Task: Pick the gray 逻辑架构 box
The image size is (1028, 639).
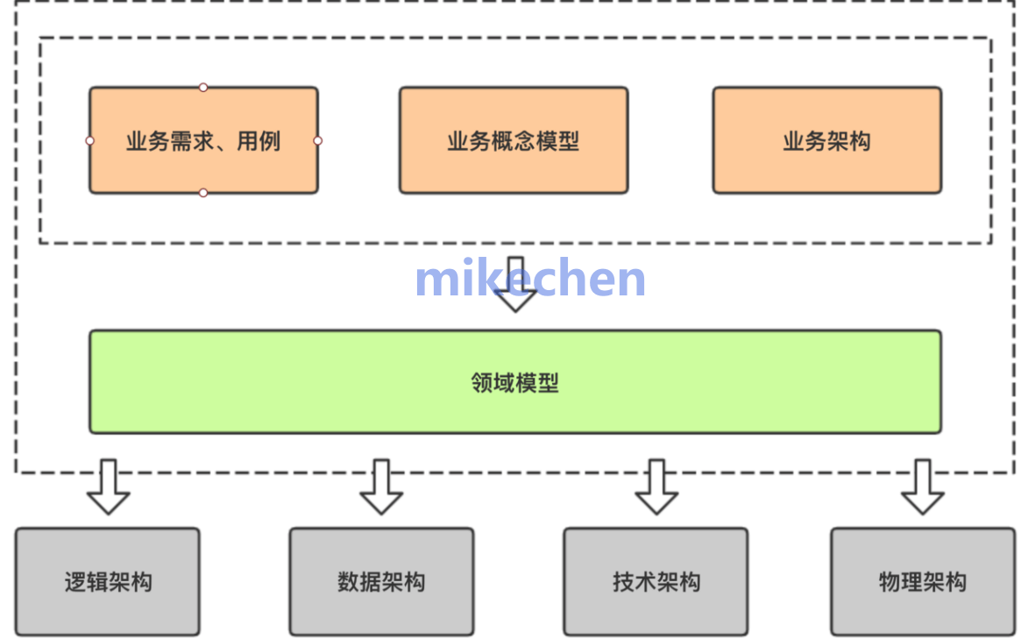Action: [108, 582]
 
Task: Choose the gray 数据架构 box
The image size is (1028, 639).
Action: [381, 582]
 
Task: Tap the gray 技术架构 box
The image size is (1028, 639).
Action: [656, 582]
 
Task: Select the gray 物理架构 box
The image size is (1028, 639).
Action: [923, 582]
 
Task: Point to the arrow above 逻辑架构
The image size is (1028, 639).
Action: [109, 487]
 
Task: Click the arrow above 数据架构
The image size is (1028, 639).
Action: [381, 487]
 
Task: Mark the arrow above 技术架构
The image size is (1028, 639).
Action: [656, 487]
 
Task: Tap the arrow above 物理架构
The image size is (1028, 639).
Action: [923, 487]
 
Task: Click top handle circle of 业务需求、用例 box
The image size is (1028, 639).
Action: [203, 87]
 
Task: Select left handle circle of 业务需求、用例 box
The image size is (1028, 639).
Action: [89, 140]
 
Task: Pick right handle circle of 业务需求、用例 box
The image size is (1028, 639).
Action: [317, 140]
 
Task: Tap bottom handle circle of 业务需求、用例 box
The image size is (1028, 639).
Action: [203, 193]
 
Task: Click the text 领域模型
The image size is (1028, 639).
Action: [515, 382]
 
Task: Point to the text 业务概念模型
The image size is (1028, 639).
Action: [514, 141]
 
